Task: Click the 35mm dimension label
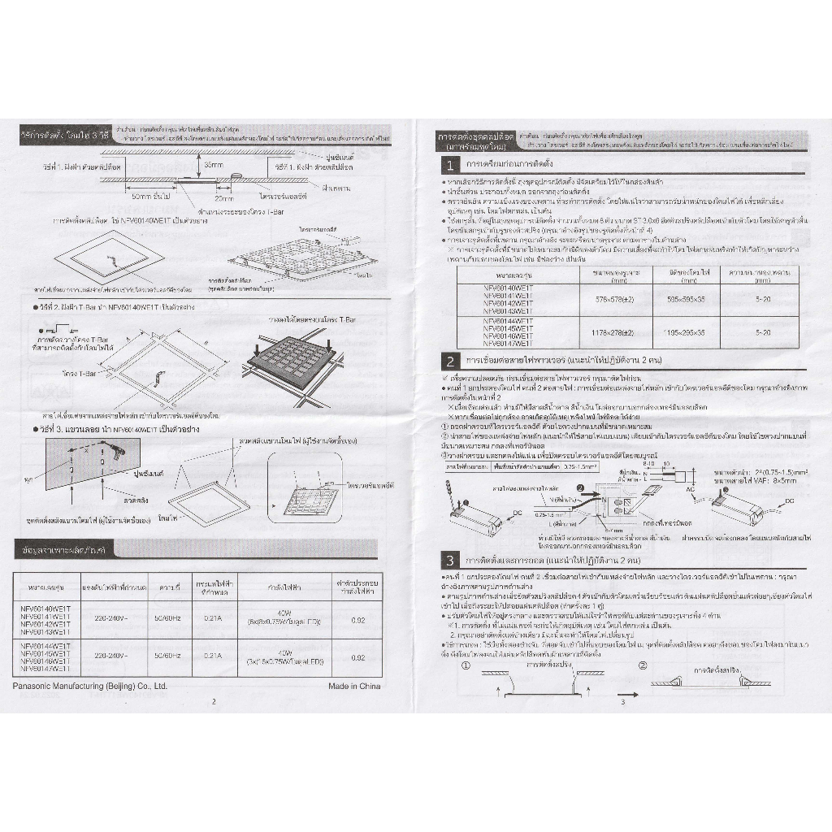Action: coord(214,165)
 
